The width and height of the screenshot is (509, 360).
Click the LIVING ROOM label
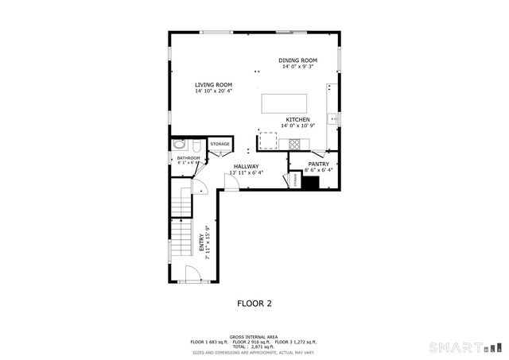(213, 84)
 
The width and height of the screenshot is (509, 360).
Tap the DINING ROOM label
(297, 60)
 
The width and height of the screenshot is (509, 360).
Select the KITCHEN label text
(297, 120)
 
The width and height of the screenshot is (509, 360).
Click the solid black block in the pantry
(310, 182)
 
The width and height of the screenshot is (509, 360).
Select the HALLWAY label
(246, 166)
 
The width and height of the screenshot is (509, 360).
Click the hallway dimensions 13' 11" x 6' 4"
(246, 172)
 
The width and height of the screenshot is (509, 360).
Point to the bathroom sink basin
(194, 146)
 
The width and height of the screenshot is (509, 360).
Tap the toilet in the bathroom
(180, 145)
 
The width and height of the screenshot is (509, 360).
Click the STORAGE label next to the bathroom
(220, 144)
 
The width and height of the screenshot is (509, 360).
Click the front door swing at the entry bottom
(192, 274)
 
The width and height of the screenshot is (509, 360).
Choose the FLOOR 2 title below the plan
(254, 303)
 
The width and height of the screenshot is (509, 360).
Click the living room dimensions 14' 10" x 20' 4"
(213, 91)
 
